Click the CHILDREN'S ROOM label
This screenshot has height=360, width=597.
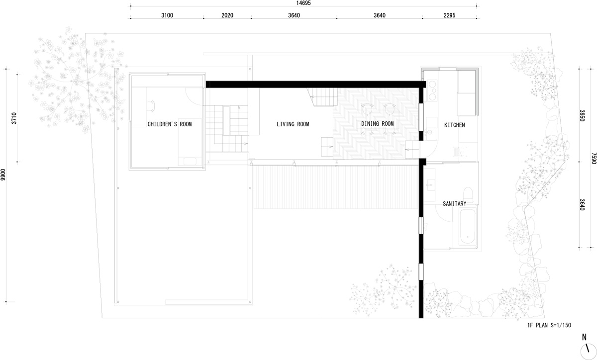coord(170,124)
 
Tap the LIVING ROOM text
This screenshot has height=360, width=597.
coord(293,124)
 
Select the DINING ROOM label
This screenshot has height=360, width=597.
coord(378,124)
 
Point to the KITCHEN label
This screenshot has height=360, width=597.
coord(454,125)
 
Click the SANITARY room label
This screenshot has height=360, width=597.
coord(454,203)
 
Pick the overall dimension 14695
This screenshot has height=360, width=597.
coord(303,3)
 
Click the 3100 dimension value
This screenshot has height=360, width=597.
coord(167,15)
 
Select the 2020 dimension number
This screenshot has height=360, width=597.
coord(227,15)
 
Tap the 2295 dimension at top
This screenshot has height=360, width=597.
coord(449,15)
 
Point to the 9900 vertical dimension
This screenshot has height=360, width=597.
coord(3,175)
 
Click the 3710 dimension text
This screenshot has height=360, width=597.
coord(14,118)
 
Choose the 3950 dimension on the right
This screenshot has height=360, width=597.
coord(582,115)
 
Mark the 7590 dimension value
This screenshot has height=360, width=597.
coord(594,158)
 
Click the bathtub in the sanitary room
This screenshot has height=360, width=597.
coord(468,227)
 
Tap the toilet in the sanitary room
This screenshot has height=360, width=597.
coord(468,194)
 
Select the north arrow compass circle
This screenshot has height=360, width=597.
coord(588,351)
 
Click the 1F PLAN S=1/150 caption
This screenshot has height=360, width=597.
coord(549,325)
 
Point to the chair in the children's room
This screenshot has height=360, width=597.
coord(151,105)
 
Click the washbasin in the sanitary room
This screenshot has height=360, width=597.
coord(430,184)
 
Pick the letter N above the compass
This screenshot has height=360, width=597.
coord(584,337)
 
